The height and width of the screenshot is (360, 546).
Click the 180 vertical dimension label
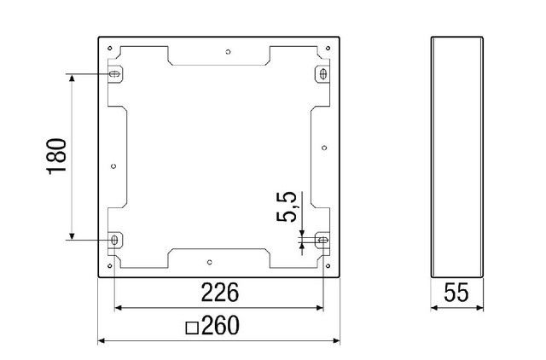tap(55, 157)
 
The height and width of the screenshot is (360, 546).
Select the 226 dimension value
tap(219, 293)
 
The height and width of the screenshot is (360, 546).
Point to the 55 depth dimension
tap(457, 293)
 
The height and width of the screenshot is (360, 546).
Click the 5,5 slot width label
tap(287, 207)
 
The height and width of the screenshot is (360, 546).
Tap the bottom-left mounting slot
tap(114, 241)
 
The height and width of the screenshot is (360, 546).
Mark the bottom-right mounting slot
tap(322, 241)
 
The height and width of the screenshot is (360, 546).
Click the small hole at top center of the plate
tap(228, 51)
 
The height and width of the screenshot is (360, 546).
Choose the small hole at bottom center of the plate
tap(210, 262)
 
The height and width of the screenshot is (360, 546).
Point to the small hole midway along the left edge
tap(114, 166)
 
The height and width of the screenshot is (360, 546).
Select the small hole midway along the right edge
tap(323, 148)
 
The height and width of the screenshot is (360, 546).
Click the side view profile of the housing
tap(457, 157)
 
